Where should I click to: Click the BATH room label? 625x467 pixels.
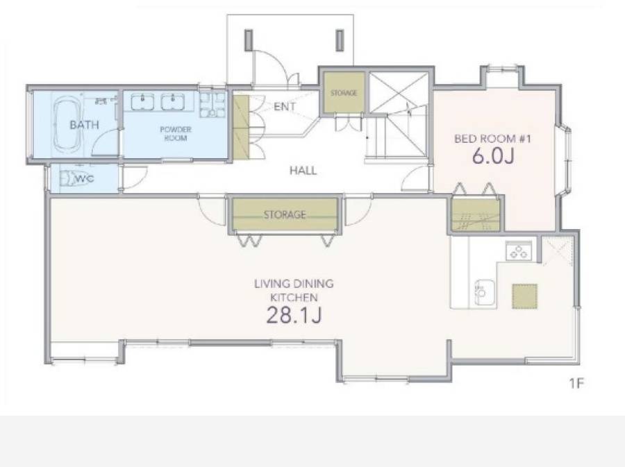84,125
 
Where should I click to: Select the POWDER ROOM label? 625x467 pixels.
176,134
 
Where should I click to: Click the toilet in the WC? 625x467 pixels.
77,178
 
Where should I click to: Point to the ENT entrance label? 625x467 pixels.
285,106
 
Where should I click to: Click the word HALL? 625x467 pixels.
303,171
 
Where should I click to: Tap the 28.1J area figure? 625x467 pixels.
294,314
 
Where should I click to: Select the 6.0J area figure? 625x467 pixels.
493,156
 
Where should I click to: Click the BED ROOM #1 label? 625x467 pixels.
492,139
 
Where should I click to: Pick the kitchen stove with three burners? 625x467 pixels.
519,251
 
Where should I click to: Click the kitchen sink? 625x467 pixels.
484,293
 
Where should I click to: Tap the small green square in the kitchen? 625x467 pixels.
524,296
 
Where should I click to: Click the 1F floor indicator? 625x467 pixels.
576,383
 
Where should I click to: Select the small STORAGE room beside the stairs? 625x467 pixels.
344,92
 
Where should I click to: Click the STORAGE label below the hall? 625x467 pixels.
285,214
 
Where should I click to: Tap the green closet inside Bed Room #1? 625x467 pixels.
476,214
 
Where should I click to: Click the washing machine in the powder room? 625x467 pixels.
212,105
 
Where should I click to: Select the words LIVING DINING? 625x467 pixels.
294,284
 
